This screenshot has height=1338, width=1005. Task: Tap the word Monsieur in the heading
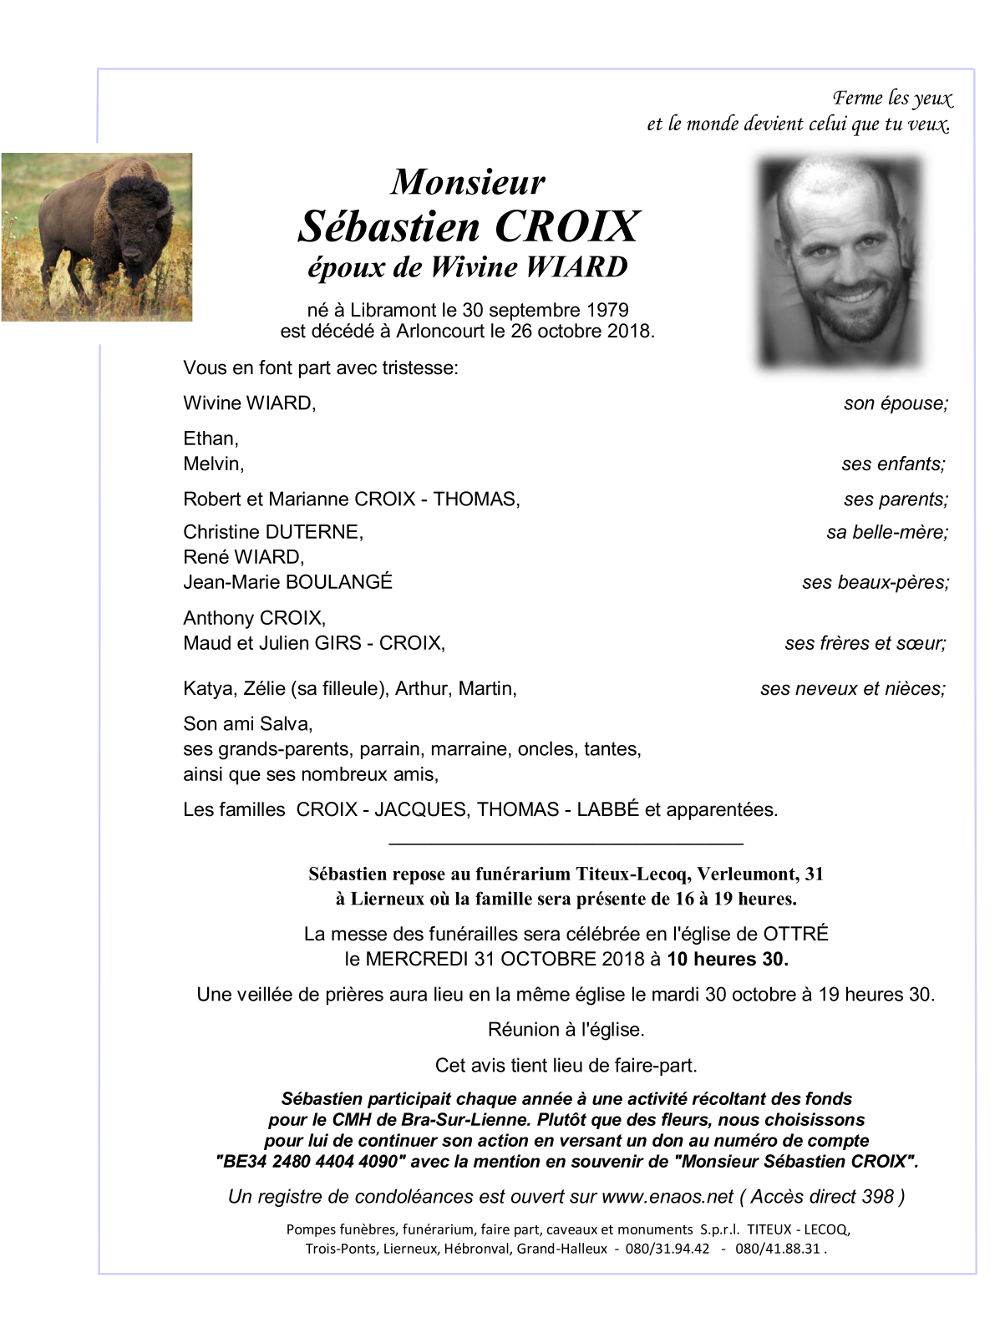click(468, 182)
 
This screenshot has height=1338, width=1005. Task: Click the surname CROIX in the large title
click(567, 226)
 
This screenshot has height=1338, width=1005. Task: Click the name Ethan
click(211, 438)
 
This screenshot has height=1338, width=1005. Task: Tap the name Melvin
click(213, 464)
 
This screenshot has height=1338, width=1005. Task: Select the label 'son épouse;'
click(896, 403)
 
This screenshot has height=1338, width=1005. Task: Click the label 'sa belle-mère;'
click(887, 532)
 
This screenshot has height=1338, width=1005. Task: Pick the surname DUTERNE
click(313, 532)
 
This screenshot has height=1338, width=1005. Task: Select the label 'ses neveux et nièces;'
click(852, 689)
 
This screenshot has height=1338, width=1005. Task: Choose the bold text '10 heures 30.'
click(727, 960)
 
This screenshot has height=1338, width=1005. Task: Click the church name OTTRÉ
click(796, 935)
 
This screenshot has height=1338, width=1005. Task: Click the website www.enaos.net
click(667, 1197)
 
